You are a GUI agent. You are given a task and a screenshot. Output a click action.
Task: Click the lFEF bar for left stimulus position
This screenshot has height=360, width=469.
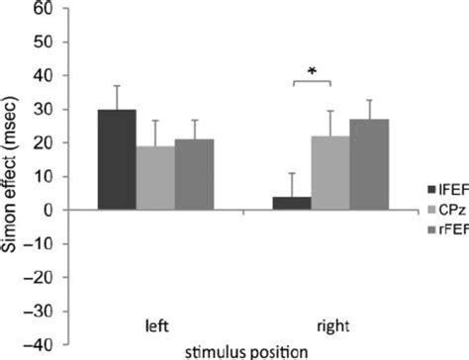[117, 159]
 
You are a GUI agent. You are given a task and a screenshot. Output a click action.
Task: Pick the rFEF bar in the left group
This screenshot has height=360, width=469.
[194, 175]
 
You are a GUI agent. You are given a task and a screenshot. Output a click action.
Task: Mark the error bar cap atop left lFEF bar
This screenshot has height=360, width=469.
[117, 86]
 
